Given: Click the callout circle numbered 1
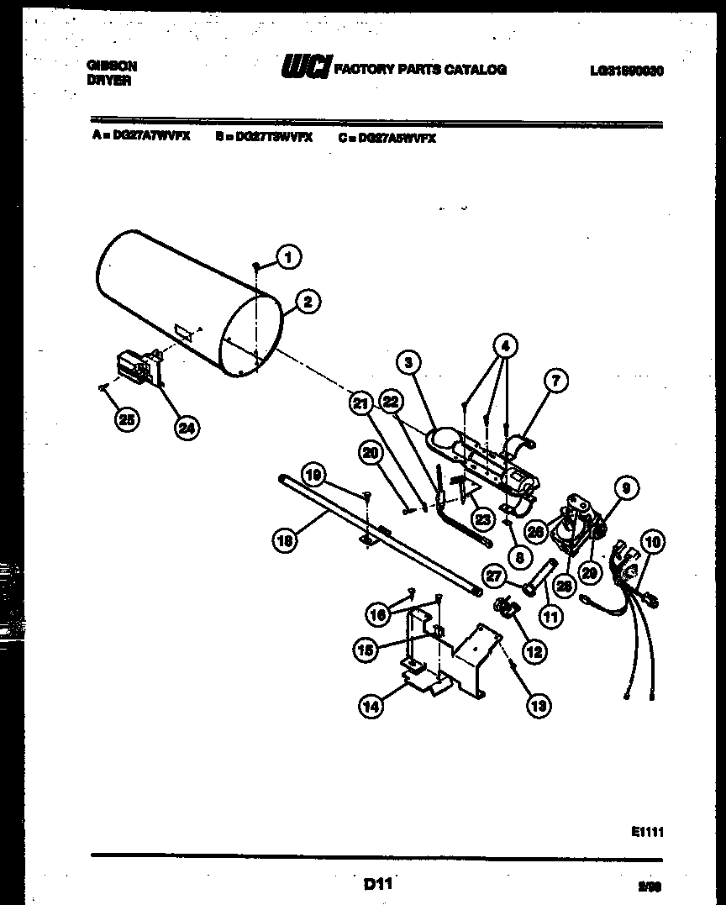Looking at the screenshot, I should tap(288, 257).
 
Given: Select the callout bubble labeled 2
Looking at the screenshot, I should tap(308, 303).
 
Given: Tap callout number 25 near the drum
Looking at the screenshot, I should tap(127, 421).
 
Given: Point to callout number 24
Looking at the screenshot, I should tap(187, 428).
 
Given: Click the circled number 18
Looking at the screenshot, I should tap(286, 542).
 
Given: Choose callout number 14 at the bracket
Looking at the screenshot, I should tap(371, 707).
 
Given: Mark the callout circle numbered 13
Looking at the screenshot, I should tap(538, 706).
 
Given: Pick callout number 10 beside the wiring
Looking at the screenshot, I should tap(652, 543).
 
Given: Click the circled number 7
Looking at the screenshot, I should tap(555, 381).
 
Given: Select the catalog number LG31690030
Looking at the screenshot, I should tap(626, 71).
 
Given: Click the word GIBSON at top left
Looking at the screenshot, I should tap(113, 65).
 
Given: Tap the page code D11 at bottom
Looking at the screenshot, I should tap(378, 883).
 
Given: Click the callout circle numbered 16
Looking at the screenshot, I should tap(378, 615).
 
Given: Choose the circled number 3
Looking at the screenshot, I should tap(408, 363).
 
